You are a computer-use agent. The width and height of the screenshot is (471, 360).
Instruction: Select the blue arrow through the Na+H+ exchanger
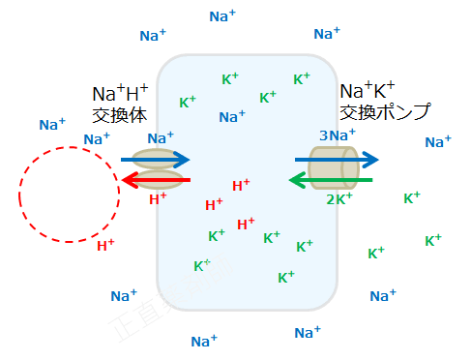click(155, 160)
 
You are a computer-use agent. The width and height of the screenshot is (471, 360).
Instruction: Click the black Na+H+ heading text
click(120, 94)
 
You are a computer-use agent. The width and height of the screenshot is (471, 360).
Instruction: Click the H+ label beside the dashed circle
click(106, 246)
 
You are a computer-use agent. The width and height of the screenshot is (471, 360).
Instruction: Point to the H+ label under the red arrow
click(159, 200)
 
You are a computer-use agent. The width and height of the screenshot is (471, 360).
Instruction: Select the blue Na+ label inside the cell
click(232, 117)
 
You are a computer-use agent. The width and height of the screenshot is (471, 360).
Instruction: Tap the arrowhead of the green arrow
click(296, 179)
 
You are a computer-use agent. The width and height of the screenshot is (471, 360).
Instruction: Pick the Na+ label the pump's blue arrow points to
click(438, 142)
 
